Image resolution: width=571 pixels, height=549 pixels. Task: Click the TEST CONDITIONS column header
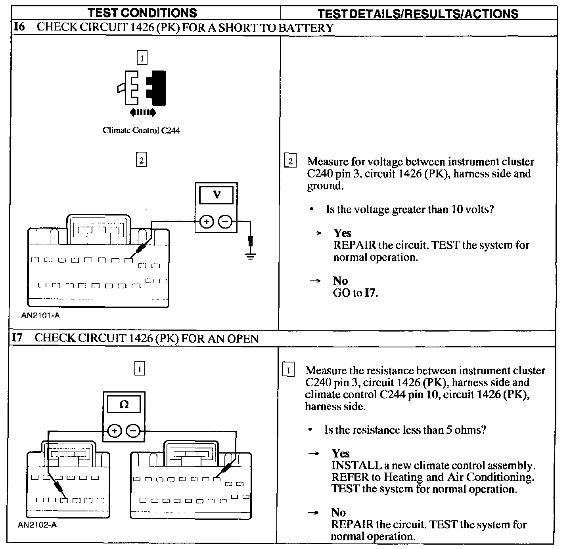[142, 13]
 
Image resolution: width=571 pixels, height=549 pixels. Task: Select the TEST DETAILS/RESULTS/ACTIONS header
[418, 14]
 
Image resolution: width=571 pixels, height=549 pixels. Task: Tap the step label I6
[19, 27]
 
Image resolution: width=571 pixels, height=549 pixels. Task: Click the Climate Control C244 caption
[141, 130]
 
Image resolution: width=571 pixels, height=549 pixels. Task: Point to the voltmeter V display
[217, 195]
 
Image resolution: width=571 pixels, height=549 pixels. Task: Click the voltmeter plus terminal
[206, 222]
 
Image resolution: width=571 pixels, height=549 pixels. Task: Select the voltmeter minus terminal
[226, 222]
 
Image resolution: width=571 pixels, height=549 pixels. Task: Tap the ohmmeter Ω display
[124, 404]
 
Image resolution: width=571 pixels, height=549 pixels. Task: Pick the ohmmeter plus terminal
[114, 431]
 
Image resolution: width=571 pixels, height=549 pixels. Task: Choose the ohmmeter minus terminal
[134, 431]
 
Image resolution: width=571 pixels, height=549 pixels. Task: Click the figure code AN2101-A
[41, 316]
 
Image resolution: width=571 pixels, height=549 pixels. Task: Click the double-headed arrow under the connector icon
[143, 113]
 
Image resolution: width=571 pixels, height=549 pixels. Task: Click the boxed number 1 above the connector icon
[142, 58]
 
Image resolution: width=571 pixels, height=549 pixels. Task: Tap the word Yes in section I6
[342, 233]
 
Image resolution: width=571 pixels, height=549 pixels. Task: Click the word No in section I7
[338, 513]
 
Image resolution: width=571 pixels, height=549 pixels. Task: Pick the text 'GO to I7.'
[356, 293]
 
